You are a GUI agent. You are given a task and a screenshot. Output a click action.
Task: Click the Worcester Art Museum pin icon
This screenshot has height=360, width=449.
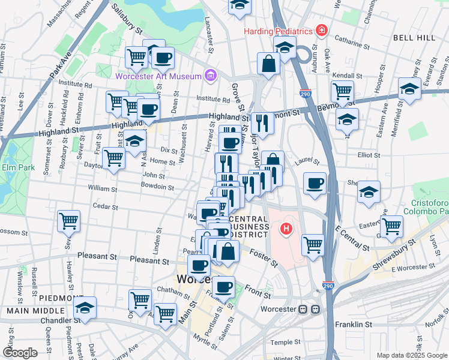tap(210, 76)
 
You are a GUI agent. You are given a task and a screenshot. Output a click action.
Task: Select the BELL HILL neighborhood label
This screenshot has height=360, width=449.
tap(414, 38)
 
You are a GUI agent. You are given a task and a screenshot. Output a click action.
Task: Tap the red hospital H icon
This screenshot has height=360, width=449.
tap(287, 229)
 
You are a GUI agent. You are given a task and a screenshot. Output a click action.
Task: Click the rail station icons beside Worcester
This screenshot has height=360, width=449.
tap(309, 309)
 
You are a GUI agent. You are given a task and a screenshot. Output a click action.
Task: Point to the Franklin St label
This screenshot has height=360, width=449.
tap(354, 325)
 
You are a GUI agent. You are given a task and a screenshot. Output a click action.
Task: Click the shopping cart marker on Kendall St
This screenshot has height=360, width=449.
tap(342, 91)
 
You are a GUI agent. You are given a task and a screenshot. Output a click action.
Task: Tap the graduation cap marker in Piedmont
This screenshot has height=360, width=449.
tap(85, 308)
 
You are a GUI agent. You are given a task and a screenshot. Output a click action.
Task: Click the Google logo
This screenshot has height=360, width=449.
tap(20, 353)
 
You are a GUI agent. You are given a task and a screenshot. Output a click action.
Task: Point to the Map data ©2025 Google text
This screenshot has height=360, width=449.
tap(411, 355)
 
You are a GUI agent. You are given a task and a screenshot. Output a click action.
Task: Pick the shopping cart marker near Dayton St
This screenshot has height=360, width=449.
tap(113, 158)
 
